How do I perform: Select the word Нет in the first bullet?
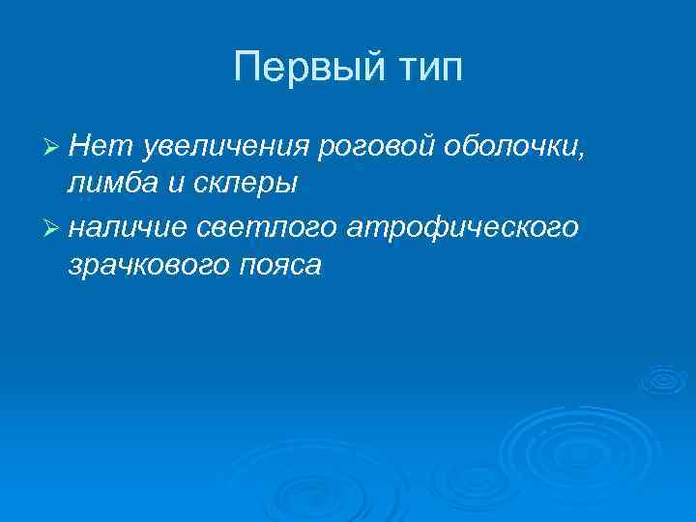pos(94,145)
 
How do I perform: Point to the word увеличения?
pos(223,145)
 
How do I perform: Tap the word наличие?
pos(130,227)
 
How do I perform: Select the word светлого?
pos(265,227)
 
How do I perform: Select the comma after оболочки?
pos(581,153)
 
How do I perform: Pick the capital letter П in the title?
pos(246,69)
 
